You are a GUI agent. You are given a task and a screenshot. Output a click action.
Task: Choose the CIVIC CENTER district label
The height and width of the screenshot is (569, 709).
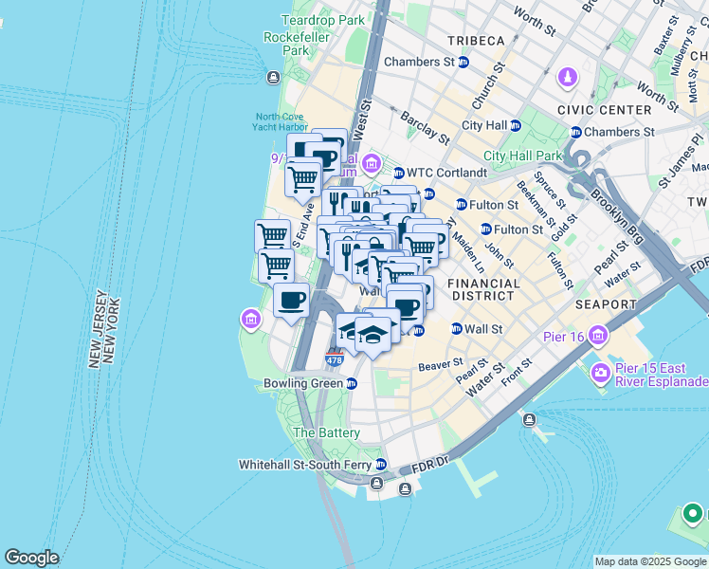coord(605,110)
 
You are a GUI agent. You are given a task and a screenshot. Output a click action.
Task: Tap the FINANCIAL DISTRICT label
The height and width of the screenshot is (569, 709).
coord(483,289)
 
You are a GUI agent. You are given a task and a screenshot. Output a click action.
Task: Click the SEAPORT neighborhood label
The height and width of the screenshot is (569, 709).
coord(605,304)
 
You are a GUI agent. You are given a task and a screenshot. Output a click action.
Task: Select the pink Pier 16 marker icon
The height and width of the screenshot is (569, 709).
coord(599,335)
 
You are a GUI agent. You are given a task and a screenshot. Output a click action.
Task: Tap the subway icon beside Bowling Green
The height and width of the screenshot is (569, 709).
coord(352,384)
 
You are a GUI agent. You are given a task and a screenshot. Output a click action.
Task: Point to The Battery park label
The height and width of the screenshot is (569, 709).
coord(326,432)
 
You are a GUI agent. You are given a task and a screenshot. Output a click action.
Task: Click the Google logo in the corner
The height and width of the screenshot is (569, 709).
coord(31,558)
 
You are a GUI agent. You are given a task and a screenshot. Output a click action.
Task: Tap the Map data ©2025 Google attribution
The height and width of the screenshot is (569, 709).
coord(649,561)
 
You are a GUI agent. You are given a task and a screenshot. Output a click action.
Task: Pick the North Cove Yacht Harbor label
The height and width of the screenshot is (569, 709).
coord(281,122)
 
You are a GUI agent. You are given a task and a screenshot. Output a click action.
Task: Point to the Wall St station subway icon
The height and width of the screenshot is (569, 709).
coord(456,329)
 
